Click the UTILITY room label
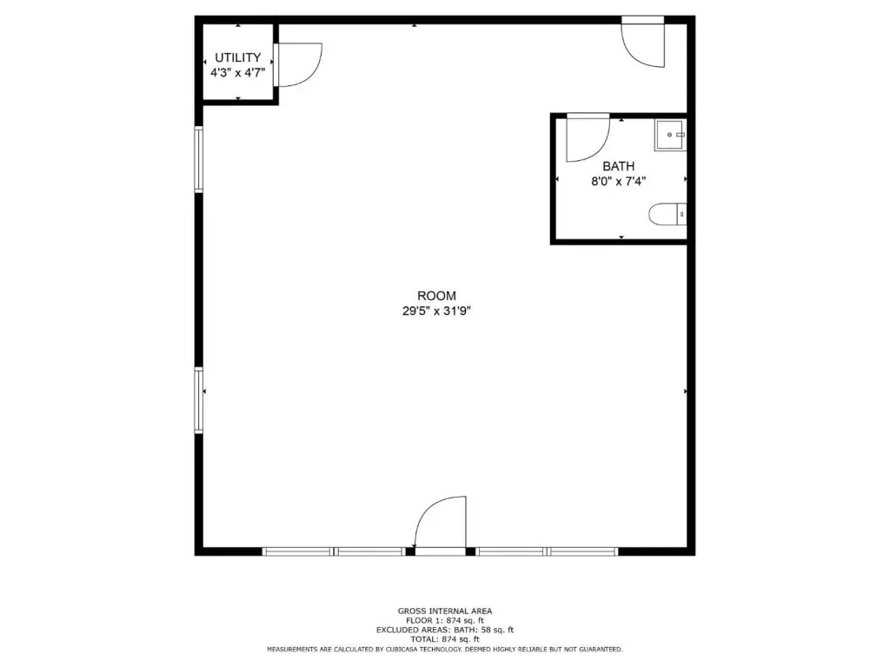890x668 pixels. click(238, 57)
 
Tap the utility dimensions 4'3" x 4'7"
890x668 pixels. click(238, 73)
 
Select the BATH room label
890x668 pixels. click(619, 166)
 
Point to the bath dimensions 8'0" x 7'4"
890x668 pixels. click(619, 182)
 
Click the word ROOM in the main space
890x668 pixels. click(436, 296)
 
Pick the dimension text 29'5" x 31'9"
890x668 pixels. click(436, 311)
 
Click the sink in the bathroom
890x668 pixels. click(670, 135)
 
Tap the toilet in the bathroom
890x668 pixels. click(667, 214)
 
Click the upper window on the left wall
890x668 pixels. click(199, 160)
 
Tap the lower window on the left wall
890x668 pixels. click(199, 400)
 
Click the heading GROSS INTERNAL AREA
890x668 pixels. click(445, 611)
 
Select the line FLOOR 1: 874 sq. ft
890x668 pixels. click(445, 620)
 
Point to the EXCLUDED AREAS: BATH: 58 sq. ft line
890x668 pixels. click(445, 630)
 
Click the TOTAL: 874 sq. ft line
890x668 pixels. click(445, 639)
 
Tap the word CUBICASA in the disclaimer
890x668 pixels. click(397, 649)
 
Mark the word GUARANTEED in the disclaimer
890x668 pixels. click(601, 649)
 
